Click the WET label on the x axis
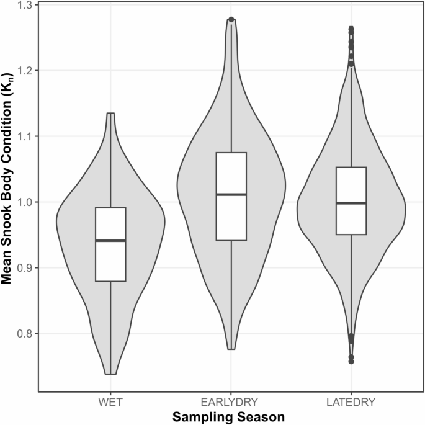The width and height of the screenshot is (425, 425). pyautogui.click(x=110, y=402)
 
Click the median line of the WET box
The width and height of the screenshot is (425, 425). pyautogui.click(x=110, y=240)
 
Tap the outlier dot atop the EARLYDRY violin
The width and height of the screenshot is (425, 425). pyautogui.click(x=231, y=20)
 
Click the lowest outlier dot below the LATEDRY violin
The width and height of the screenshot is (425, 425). pyautogui.click(x=351, y=361)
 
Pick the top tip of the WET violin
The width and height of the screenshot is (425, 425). pyautogui.click(x=110, y=114)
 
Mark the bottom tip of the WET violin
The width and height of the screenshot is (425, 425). pyautogui.click(x=110, y=374)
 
